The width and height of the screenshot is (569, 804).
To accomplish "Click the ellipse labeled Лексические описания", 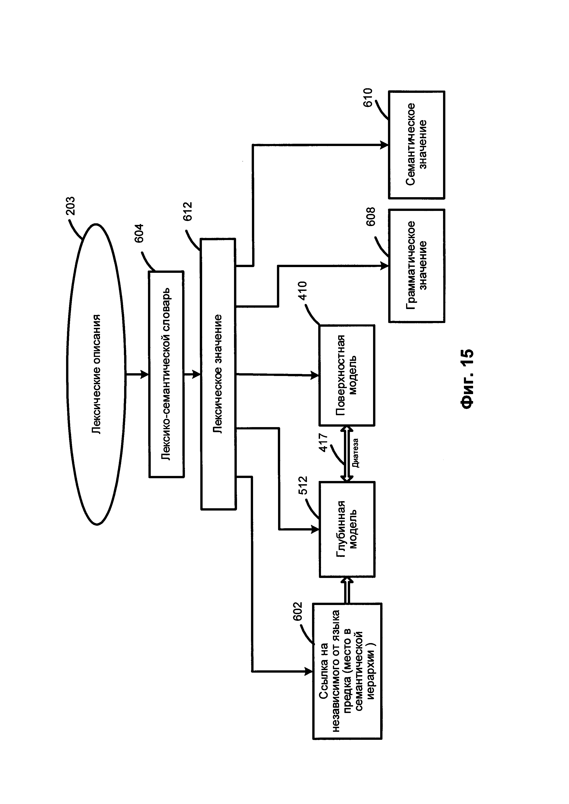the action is [96, 374].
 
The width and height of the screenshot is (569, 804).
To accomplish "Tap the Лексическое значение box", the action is [218, 374].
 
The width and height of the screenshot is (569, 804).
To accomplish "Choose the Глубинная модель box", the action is [347, 529].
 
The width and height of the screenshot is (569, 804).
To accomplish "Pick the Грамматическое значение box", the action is [417, 266].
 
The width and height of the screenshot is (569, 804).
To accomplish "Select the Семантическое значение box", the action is [417, 145].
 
